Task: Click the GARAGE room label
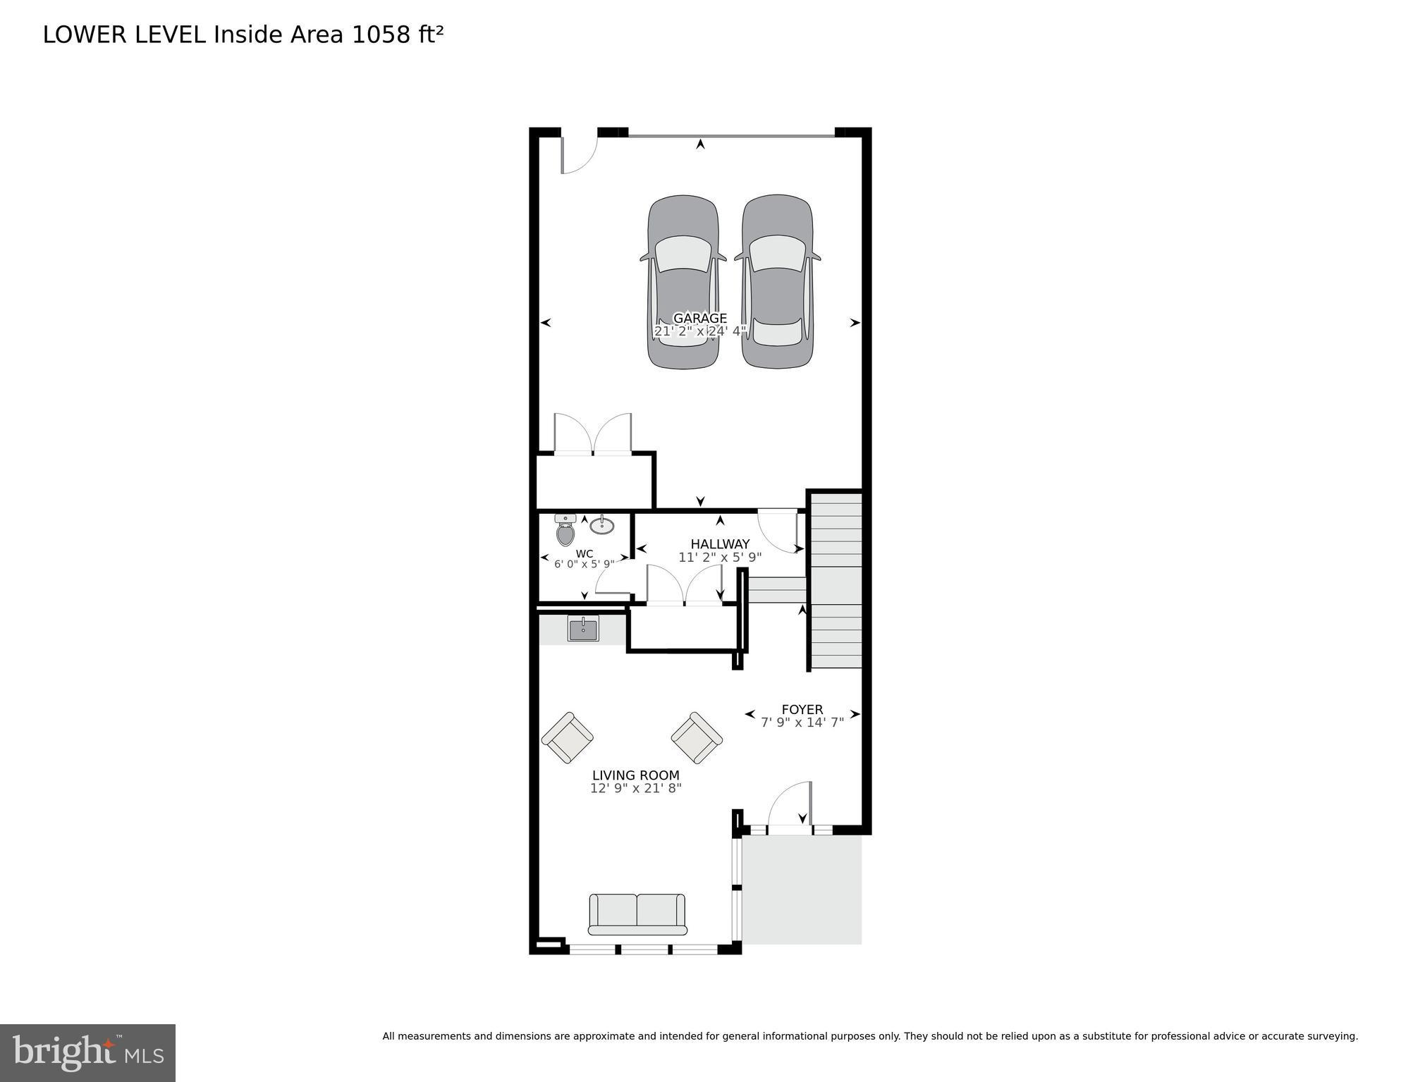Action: [x=699, y=318]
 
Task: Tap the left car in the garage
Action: [x=683, y=282]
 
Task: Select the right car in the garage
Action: [x=777, y=282]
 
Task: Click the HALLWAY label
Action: [x=720, y=544]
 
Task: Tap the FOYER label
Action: [x=802, y=709]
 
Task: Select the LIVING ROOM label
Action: [x=635, y=775]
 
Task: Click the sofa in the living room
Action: [x=637, y=914]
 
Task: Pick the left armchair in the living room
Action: [x=567, y=737]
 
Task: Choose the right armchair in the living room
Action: [x=697, y=737]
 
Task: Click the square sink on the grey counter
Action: [x=583, y=629]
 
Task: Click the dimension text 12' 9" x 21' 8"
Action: [x=635, y=788]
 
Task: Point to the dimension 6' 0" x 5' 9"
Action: [x=584, y=564]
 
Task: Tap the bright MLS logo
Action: [x=87, y=1052]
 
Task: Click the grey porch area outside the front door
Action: [x=802, y=890]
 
